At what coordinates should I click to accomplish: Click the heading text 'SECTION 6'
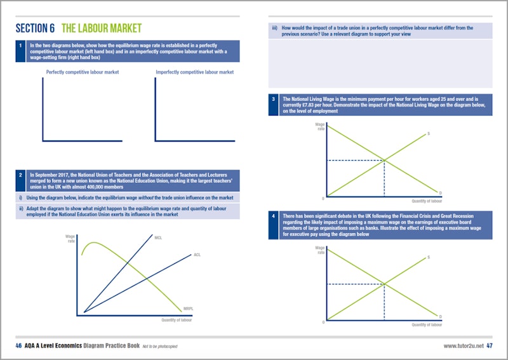(x=35, y=29)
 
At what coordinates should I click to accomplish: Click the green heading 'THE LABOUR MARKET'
(x=102, y=29)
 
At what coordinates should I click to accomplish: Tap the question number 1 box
(x=21, y=46)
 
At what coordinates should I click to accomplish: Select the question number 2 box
(x=21, y=173)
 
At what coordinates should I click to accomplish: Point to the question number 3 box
(x=274, y=99)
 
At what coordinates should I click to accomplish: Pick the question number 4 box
(x=274, y=217)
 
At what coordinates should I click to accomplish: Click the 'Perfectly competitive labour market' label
(x=83, y=72)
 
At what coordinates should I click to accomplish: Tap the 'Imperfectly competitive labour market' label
(x=194, y=72)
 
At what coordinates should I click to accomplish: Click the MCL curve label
(x=158, y=237)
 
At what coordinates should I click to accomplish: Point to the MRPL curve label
(x=188, y=309)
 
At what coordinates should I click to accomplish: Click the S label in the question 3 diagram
(x=429, y=133)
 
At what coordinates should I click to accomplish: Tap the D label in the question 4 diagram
(x=440, y=316)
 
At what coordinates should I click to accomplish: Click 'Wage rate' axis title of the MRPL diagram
(x=70, y=239)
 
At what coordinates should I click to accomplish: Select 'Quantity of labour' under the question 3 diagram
(x=427, y=201)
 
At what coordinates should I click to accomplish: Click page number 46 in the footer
(x=19, y=346)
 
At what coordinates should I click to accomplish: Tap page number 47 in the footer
(x=490, y=346)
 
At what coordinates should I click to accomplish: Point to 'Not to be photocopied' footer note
(x=160, y=346)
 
